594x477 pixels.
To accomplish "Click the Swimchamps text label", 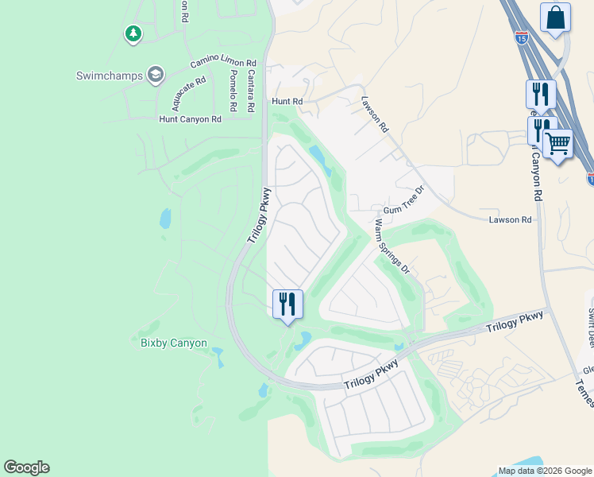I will point(109,76).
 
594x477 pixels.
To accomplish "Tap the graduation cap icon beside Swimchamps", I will point(155,76).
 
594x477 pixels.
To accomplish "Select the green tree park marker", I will point(133,33).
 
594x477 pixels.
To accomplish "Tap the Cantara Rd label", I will point(251,91).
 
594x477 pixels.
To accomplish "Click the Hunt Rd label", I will point(287,102).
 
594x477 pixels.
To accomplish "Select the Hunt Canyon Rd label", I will point(190,119).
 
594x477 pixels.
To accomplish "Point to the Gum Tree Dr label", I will point(405,200).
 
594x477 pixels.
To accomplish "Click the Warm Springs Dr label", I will point(391,247).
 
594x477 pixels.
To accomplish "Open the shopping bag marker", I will point(555,17).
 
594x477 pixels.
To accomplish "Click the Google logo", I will point(26,467).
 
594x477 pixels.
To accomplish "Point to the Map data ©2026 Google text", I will point(544,471).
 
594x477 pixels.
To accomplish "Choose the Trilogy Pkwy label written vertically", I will point(259,215).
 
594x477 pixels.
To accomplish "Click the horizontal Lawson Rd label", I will point(510,219).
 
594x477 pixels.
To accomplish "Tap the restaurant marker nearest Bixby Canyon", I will point(287,304).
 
